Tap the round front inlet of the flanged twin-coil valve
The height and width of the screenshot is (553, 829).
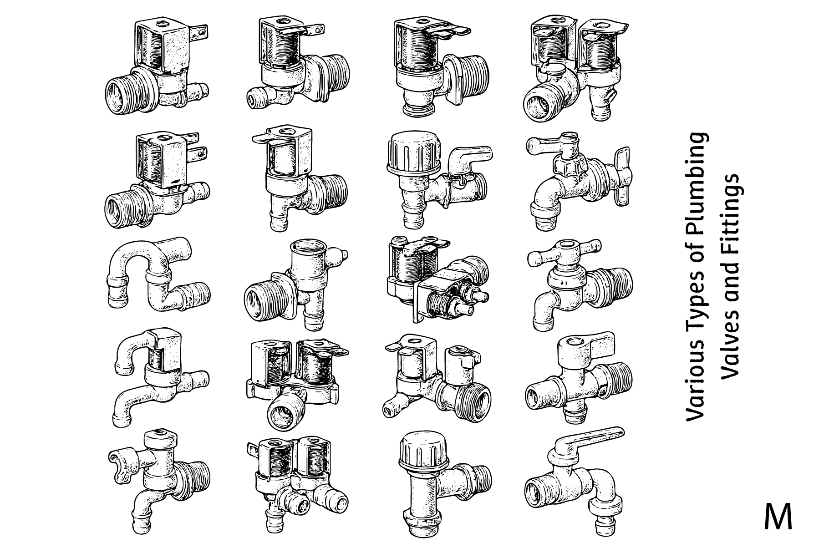[283, 412]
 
